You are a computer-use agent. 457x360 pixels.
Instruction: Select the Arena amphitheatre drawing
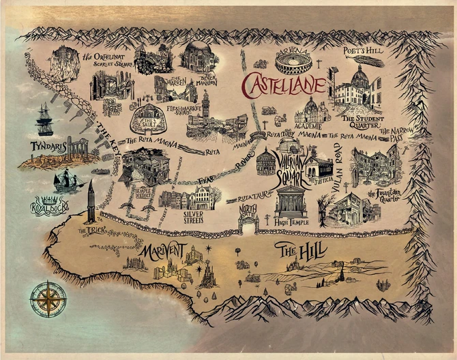tap(294, 62)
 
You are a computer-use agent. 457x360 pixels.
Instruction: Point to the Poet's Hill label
tap(364, 50)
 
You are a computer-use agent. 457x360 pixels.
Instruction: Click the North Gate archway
tap(249, 217)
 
